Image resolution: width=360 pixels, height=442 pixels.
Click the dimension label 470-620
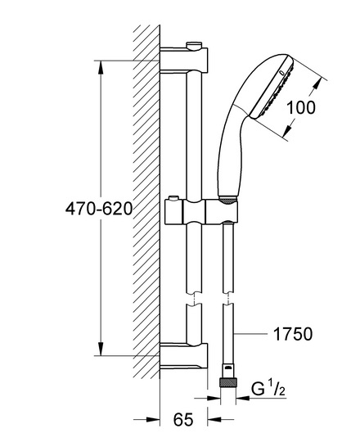(x=99, y=209)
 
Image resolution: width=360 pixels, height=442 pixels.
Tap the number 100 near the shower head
(x=301, y=107)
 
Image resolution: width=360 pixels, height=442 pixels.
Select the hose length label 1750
(x=293, y=334)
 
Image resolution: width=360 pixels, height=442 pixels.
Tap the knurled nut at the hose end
(x=227, y=383)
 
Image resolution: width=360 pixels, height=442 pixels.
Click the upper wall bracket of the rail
(x=183, y=60)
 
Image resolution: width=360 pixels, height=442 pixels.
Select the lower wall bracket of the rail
(x=183, y=356)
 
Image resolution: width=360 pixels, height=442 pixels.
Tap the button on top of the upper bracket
(x=194, y=45)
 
